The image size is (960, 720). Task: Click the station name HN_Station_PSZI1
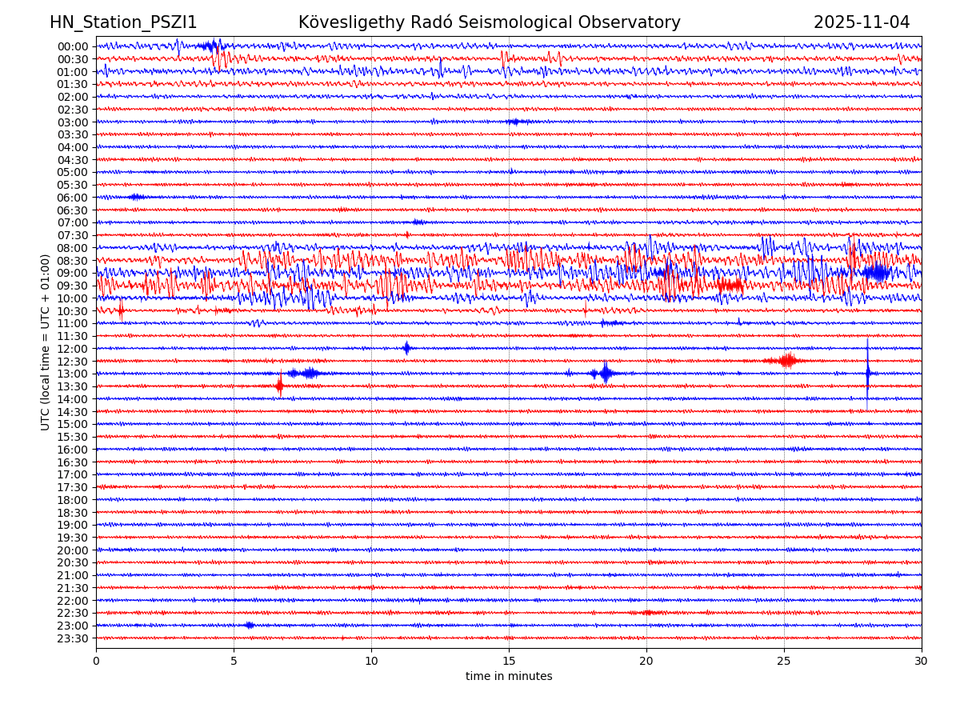tap(123, 23)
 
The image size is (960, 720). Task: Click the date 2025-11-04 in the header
tap(862, 23)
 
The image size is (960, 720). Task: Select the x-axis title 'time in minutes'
tap(509, 677)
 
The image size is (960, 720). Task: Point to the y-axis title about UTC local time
tap(46, 342)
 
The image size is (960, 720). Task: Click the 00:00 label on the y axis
tap(73, 46)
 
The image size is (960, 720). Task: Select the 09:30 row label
tap(73, 286)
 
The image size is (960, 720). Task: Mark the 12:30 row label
tap(73, 362)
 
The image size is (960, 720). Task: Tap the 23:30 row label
tap(73, 638)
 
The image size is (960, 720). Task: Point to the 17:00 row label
tap(73, 474)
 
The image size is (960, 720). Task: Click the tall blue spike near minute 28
tap(867, 373)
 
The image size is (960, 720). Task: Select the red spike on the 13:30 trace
tap(279, 386)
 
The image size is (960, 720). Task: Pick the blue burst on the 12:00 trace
tap(406, 348)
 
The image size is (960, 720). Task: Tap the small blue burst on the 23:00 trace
tap(250, 626)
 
